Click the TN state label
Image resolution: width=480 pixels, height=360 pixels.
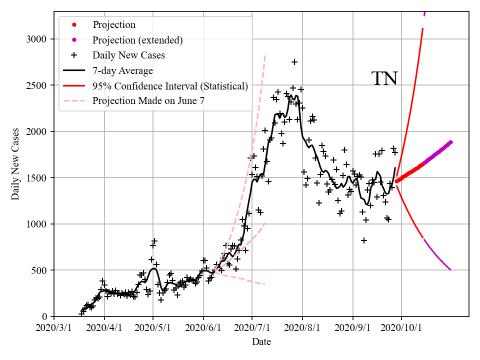384,78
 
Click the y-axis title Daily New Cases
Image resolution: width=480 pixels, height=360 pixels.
15,164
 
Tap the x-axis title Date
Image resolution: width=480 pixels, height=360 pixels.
261,342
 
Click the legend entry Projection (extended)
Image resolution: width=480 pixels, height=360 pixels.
137,40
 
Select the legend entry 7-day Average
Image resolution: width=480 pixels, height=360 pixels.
122,70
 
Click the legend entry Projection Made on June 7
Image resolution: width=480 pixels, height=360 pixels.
148,101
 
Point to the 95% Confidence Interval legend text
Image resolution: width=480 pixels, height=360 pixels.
170,86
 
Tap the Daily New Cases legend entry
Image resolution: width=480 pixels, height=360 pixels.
128,55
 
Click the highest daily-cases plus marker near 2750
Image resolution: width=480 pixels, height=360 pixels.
294,62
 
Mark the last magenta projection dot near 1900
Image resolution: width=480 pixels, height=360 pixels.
450,142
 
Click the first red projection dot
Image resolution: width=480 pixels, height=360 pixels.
396,181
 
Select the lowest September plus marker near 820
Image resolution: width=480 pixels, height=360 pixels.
364,240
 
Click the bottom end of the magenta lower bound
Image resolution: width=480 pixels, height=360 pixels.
450,270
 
